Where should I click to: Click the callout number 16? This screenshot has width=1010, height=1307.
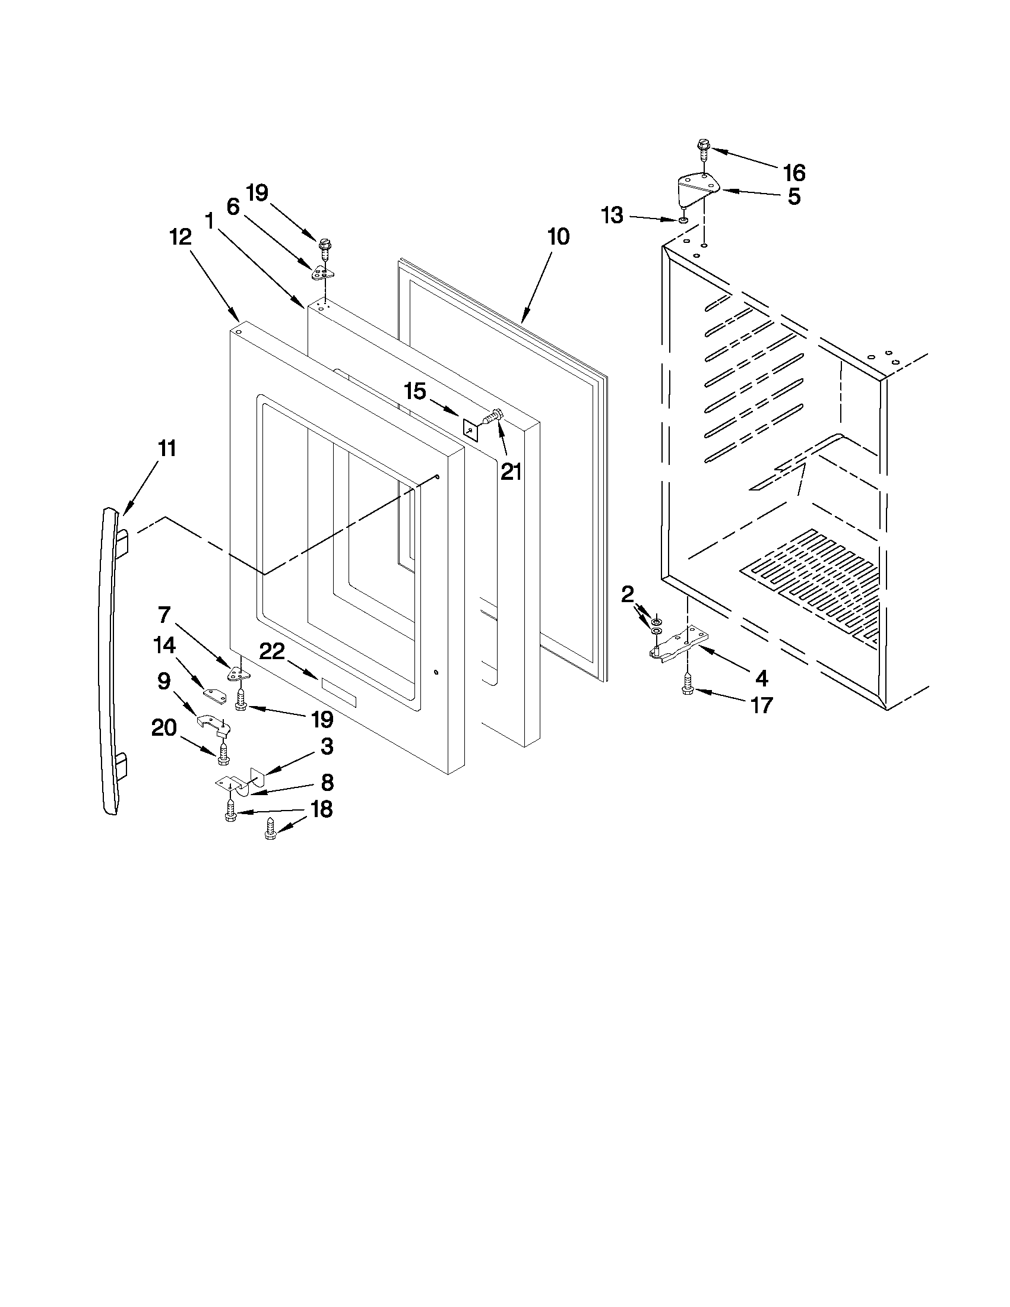pos(794,173)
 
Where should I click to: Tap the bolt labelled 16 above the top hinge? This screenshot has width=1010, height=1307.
pos(703,147)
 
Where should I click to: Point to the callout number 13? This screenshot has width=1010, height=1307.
pos(612,215)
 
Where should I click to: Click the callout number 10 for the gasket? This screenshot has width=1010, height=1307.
pos(558,237)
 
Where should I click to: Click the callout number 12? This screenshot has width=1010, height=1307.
pos(180,237)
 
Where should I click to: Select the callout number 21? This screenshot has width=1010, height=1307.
pos(511,472)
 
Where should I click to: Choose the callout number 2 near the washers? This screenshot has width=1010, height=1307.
pos(627,594)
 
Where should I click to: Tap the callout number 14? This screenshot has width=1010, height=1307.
pos(164,645)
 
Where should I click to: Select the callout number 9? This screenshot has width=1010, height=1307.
pos(163,681)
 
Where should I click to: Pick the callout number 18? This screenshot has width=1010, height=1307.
pos(321,809)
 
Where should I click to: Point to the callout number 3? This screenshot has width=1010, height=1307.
pos(327,746)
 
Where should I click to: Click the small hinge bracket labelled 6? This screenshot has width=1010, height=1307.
pos(322,273)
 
